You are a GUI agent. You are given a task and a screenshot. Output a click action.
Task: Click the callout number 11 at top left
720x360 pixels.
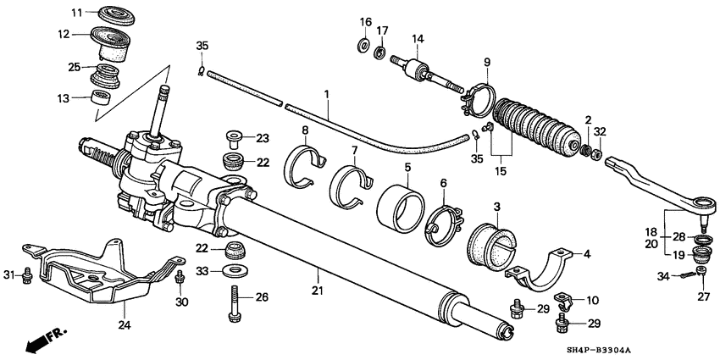pyautogui.click(x=77, y=13)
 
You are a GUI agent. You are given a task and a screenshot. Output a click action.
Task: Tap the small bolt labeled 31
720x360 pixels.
pyautogui.click(x=28, y=274)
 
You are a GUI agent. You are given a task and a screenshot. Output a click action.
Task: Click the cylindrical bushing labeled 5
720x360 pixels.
pyautogui.click(x=402, y=208)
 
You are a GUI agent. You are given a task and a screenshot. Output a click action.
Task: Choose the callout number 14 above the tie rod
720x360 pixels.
pyautogui.click(x=417, y=38)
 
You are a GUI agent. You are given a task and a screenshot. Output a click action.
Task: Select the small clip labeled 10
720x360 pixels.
pyautogui.click(x=565, y=301)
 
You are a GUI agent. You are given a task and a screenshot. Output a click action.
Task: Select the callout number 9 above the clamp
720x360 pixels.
pyautogui.click(x=486, y=62)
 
